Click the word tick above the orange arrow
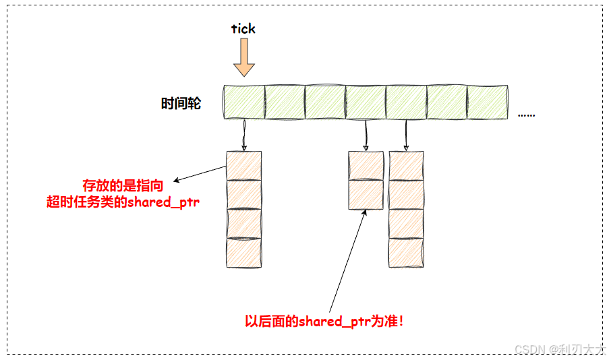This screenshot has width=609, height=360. click(x=243, y=29)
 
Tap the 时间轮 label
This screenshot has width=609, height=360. click(x=181, y=104)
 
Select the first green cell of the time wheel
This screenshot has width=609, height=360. click(x=244, y=102)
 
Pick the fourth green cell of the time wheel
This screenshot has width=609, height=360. click(x=366, y=102)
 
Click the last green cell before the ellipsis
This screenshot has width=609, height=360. click(x=487, y=102)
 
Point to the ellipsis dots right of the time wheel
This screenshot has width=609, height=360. click(x=526, y=115)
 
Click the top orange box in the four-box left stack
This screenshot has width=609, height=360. click(x=243, y=166)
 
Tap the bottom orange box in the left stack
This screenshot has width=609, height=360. click(x=243, y=253)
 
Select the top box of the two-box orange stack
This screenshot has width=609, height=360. click(x=366, y=166)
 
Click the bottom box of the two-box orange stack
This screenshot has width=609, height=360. click(x=366, y=194)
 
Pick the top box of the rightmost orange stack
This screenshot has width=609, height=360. click(x=406, y=166)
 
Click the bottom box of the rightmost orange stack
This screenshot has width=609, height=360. click(x=406, y=253)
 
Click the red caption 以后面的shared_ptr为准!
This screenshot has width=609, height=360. click(x=324, y=322)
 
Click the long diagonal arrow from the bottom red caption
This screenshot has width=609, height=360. click(x=348, y=260)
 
